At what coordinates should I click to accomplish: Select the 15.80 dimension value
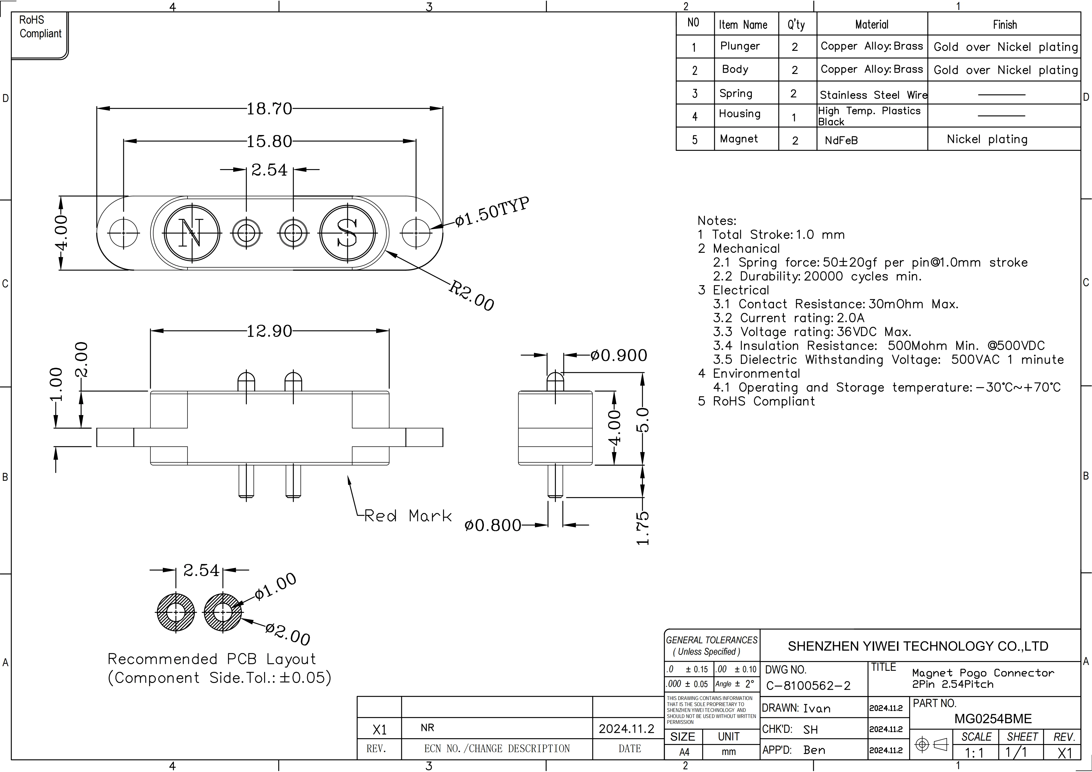[269, 141]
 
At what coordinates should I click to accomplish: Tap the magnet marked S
[348, 233]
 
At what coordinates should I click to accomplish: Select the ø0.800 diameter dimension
[493, 526]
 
